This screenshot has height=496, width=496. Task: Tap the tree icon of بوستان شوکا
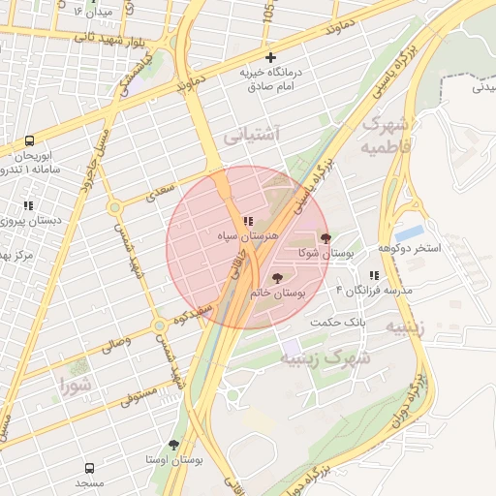coord(325,238)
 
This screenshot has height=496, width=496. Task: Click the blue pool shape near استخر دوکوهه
coord(409,233)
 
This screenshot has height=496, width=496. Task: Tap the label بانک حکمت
coord(338,321)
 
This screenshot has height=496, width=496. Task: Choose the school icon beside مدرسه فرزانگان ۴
coord(374,276)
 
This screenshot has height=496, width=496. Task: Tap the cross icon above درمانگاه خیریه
coord(270,58)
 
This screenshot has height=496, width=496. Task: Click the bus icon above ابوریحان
coord(29,141)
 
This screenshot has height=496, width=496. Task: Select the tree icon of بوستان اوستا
coord(173,445)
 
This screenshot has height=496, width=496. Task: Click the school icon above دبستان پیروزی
coord(28,205)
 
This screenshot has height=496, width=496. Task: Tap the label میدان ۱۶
coord(93,12)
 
